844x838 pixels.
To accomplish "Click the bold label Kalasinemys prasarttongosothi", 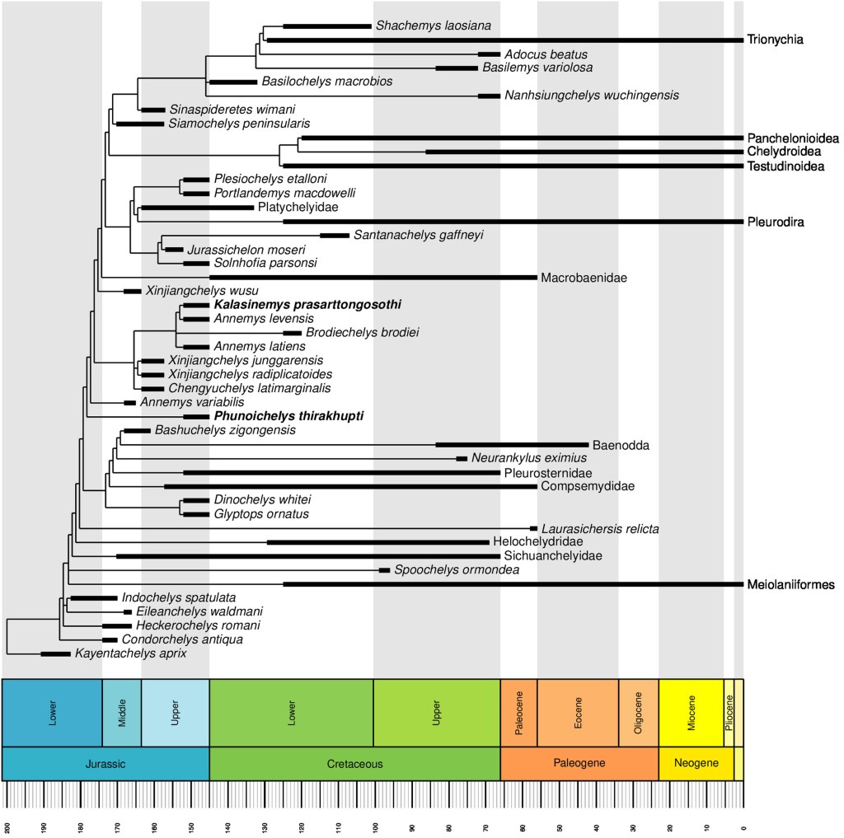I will click(307, 305).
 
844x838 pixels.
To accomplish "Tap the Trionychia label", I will click(775, 39).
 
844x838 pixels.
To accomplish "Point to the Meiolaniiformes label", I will click(791, 585).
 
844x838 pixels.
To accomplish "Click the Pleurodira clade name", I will click(776, 222).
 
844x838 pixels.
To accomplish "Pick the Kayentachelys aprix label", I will click(131, 654).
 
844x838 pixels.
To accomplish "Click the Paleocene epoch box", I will click(518, 712).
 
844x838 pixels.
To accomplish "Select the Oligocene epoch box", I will click(638, 712).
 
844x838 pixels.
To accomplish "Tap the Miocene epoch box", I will click(691, 712).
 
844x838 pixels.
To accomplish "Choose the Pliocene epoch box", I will click(729, 712).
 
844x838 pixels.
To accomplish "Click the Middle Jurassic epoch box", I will click(121, 712).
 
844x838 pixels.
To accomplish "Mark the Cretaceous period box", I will click(354, 764).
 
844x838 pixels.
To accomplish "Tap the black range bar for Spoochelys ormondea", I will click(384, 570).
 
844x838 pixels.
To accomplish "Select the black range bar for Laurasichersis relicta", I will click(533, 528).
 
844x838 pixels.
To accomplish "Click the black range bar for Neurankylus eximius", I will click(462, 458).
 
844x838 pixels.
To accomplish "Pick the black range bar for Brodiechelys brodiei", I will click(293, 333).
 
